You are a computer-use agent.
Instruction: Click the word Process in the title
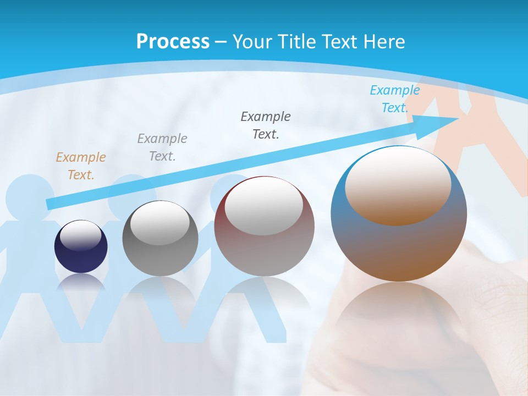(173, 42)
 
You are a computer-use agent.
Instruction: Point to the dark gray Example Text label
(266, 125)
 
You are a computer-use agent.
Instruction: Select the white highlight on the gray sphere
(159, 223)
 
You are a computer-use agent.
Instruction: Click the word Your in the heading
(251, 42)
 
